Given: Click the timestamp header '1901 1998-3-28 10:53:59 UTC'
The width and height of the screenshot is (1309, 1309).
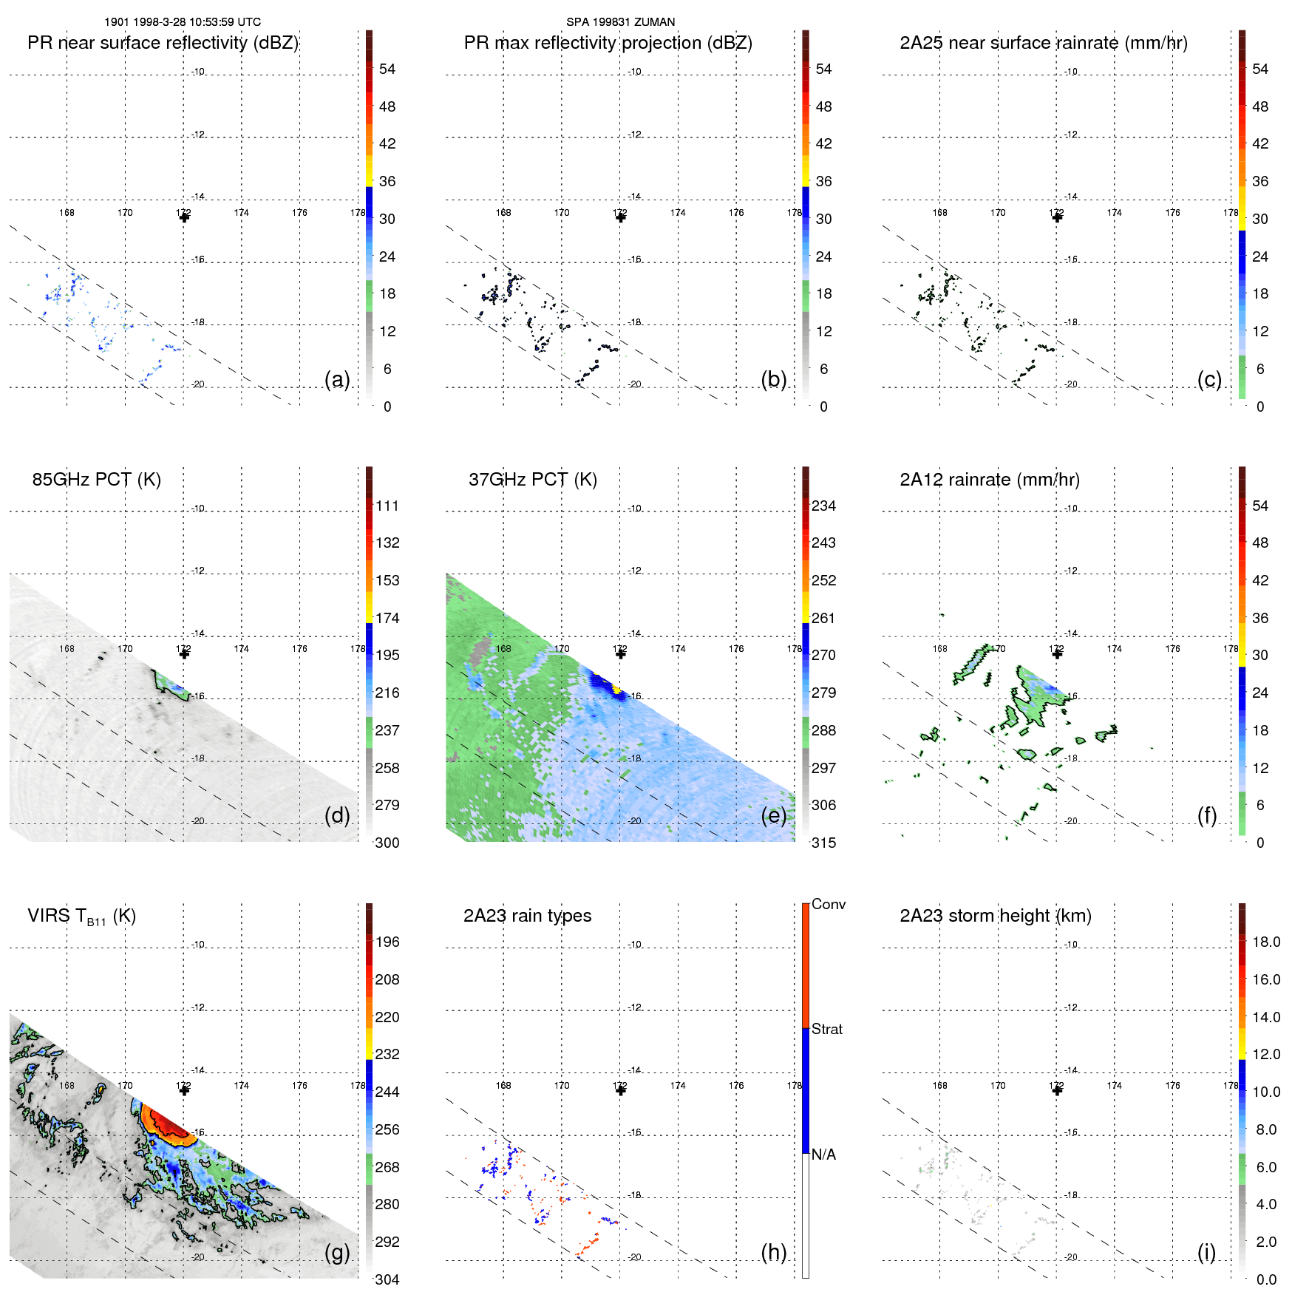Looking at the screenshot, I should [x=182, y=22].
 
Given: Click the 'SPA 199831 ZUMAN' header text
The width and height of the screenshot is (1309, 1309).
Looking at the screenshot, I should [x=620, y=22].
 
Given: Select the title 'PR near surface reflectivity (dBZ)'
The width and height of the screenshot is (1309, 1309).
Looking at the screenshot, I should [x=163, y=43].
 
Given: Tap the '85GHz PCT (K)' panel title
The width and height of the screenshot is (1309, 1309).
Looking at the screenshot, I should [x=96, y=480].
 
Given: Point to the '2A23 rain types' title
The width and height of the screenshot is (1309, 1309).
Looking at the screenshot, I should [x=527, y=916].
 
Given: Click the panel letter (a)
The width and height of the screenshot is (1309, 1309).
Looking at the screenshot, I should [x=337, y=380].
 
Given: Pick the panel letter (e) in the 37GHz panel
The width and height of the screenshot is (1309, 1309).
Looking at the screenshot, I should [x=774, y=816].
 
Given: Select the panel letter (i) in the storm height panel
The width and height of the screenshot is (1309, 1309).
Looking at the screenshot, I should [x=1206, y=1252].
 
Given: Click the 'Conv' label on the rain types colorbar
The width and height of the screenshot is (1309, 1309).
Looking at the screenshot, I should [x=828, y=904].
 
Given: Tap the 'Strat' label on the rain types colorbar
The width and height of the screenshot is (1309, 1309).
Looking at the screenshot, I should [x=826, y=1029].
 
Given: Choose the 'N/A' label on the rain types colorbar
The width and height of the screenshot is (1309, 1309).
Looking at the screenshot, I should [x=823, y=1155].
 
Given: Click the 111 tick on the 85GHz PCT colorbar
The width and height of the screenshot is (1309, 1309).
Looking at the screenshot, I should [x=387, y=506].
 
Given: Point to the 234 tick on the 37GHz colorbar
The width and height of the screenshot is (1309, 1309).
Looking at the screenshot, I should [x=823, y=506].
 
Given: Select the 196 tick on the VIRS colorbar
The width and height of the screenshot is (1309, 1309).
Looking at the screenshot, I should [x=387, y=942].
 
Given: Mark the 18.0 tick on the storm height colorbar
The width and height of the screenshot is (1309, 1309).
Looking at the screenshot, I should [x=1266, y=942].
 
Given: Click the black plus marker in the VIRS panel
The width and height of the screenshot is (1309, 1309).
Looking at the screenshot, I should [x=184, y=1090].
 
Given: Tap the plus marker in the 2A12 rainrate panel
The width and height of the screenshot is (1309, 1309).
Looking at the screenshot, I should [x=1057, y=654].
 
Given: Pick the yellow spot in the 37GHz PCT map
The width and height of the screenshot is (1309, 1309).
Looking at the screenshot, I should [x=616, y=690].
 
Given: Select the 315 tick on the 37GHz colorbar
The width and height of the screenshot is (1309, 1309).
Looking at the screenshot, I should [x=823, y=843].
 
